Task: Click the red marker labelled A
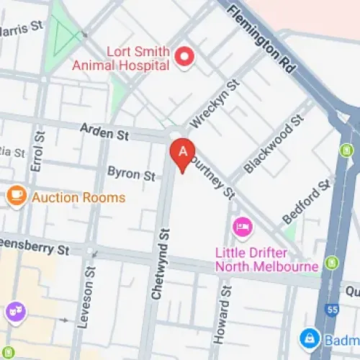182,153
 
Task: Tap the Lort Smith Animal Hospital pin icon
186,57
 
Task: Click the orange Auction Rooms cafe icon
16,196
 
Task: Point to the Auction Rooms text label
78,197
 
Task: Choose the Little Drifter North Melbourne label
266,260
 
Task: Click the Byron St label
131,174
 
